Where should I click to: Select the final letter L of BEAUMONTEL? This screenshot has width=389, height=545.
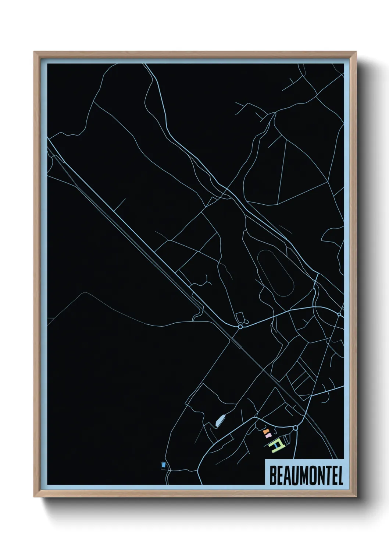pos(340,476)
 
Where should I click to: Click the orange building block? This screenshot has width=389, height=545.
pos(265,430)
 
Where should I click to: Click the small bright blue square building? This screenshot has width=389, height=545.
pos(163,465)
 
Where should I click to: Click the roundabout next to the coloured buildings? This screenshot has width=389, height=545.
pos(295,428)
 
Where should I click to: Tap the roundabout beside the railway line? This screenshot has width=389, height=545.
pos(240,326)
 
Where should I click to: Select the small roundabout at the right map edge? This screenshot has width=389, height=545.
pos(339,314)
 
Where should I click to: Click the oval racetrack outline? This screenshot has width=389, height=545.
pos(276,273)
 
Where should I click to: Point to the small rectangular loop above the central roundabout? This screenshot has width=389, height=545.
pos(239,317)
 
